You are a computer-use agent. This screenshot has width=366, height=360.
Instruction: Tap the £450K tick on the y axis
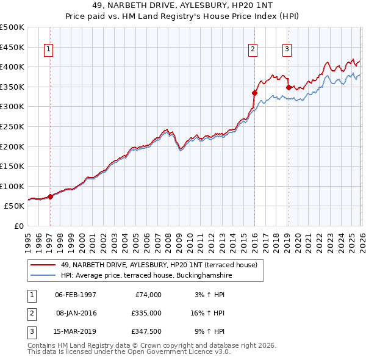[x=12, y=47]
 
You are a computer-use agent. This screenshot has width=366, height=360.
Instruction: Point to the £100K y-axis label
[x=12, y=186]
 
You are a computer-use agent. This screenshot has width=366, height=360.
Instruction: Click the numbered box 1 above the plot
[x=48, y=51]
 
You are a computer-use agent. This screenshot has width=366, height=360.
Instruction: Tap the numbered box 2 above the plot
[x=253, y=51]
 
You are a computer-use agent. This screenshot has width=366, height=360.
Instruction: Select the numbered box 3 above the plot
[x=287, y=51]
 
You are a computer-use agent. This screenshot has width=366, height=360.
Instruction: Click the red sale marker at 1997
[x=51, y=196]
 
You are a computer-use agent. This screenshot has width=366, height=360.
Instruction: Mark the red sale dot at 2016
[x=254, y=93]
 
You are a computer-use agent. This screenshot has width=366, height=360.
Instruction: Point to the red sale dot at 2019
[x=288, y=88]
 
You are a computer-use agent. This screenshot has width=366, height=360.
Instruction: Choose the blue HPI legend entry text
[x=146, y=275]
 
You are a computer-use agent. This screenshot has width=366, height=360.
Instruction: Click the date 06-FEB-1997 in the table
[x=76, y=295]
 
